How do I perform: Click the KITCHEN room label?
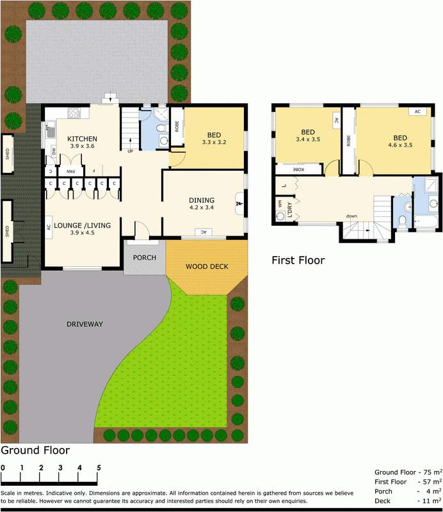pos(82,138)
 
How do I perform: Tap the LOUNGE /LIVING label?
pos(82,225)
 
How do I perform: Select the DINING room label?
pos(202,200)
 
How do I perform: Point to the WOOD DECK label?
pos(207,266)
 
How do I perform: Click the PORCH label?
pos(144,257)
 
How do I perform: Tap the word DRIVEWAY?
pos(85,324)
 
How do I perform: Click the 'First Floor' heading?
pos(298,260)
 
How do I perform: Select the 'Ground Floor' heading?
pos(35,450)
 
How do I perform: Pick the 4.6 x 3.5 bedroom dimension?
pos(400,145)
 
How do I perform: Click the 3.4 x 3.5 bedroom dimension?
pos(308,139)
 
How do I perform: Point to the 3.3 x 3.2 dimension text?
pos(214,142)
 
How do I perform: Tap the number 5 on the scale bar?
pos(99,467)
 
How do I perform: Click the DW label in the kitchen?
pos(53,152)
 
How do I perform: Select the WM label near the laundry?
pos(280,204)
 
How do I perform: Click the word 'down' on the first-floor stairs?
pos(351,216)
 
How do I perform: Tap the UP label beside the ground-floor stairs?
pos(131,152)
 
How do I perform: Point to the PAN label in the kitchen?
pos(72,171)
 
